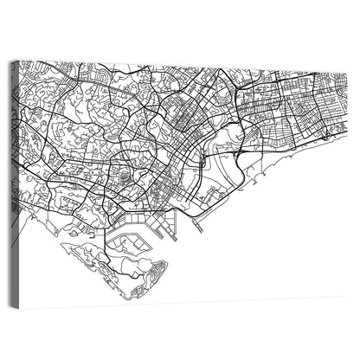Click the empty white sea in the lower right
click(277, 251)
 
